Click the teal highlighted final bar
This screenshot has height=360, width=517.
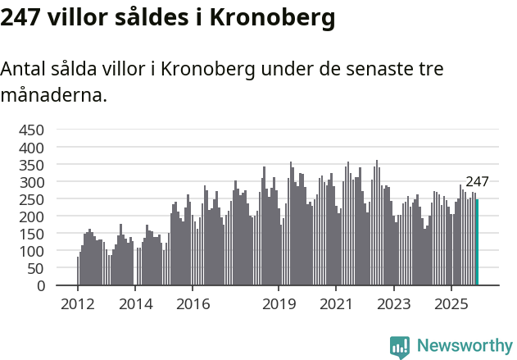click(478, 243)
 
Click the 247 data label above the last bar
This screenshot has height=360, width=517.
click(477, 182)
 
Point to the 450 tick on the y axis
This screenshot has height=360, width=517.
click(31, 130)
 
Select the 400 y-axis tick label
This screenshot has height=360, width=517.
click(31, 148)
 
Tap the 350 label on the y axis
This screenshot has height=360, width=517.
click(31, 165)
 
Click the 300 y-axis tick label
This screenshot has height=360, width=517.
click(31, 182)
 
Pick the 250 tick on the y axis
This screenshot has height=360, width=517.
click(31, 199)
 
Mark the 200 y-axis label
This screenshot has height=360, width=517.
click(31, 216)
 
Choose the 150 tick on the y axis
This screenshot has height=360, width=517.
click(31, 234)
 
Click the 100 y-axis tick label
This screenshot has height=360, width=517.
click(31, 251)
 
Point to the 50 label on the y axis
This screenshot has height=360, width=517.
click(35, 268)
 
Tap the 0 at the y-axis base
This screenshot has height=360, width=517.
click(39, 285)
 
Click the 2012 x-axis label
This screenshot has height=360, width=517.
click(78, 304)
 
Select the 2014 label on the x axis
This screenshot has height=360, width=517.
click(135, 304)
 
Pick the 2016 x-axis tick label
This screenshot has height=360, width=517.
click(193, 304)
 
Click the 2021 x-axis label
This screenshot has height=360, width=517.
click(336, 304)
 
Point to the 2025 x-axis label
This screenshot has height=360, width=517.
click(451, 304)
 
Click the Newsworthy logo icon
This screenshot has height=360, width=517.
click(400, 346)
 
